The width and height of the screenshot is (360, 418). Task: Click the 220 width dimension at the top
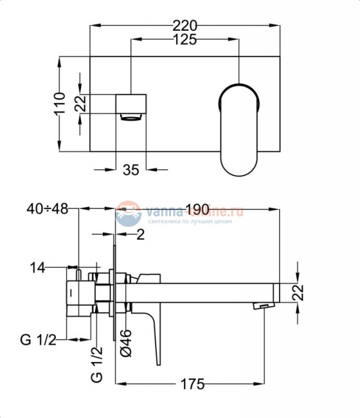(185, 26)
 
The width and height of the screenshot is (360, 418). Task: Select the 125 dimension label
(185, 40)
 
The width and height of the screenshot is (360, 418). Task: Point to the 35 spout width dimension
(131, 170)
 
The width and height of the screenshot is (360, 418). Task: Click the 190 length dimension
(197, 209)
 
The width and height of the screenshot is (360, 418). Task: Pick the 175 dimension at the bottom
(192, 385)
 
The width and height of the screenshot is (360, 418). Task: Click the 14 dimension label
(37, 268)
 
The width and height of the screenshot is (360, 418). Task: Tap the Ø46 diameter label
(127, 343)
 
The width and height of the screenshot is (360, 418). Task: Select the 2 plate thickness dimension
(140, 235)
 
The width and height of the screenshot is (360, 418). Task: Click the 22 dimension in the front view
(80, 104)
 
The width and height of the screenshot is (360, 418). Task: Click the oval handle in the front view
(240, 129)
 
